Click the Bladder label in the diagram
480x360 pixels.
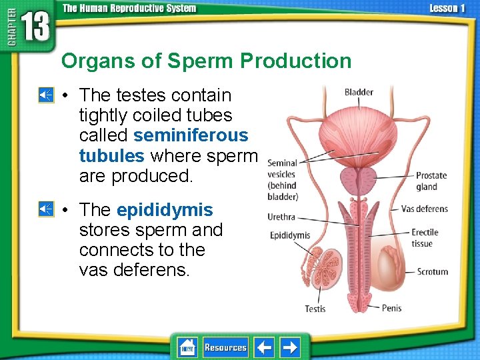coord(359,92)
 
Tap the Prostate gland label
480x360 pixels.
coord(431,181)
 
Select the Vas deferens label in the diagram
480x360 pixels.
coord(424,209)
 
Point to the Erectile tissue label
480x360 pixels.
coord(425,238)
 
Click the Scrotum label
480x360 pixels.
coord(432,271)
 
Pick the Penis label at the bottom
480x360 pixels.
coord(391,308)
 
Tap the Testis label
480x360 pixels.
coord(315,309)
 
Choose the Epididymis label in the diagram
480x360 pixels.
coord(290,235)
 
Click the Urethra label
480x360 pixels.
coord(281,217)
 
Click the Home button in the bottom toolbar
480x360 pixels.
coord(187,347)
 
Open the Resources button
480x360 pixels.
coord(225,347)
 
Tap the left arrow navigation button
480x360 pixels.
coord(265,347)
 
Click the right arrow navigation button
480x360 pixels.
coord(290,347)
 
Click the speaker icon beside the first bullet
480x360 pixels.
coord(45,95)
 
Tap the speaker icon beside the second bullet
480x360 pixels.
coord(45,209)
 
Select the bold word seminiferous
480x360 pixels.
coord(191,135)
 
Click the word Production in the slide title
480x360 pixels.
coord(295,61)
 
